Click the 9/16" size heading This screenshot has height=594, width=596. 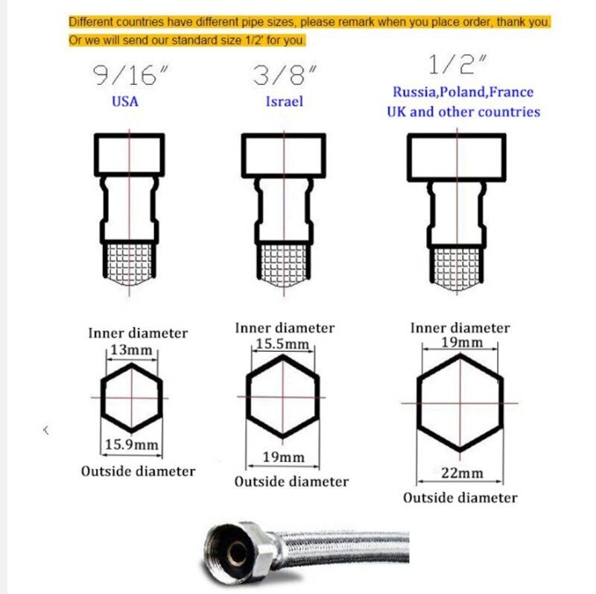tap(130, 75)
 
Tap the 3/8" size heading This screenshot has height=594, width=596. tap(285, 75)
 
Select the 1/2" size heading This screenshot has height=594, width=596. tap(457, 64)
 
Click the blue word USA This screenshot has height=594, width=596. tap(125, 101)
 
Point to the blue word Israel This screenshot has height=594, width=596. tap(285, 101)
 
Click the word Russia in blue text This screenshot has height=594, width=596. tap(414, 92)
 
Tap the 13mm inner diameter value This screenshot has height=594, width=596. tap(132, 350)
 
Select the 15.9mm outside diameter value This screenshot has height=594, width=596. tap(132, 444)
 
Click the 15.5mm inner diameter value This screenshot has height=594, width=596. tap(282, 344)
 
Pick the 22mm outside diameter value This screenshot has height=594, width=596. tap(462, 473)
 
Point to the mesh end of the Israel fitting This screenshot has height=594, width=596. tap(284, 265)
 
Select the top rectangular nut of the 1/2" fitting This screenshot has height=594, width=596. tap(457, 136)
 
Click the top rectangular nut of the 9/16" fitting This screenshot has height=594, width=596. tap(129, 136)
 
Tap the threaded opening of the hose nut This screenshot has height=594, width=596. tap(236, 552)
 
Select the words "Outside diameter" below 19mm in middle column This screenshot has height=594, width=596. tap(291, 481)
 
